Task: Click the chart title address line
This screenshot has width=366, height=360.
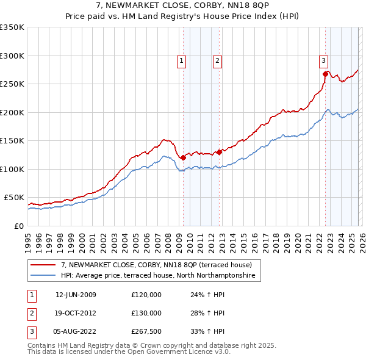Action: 183,5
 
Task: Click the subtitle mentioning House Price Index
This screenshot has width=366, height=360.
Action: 183,16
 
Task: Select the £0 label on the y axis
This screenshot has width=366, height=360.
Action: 19,226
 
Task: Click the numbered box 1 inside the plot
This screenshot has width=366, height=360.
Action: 182,60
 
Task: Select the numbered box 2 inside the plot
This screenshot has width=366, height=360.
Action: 217,60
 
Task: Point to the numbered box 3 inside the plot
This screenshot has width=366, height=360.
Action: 323,60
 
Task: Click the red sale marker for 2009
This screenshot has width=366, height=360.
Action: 183,157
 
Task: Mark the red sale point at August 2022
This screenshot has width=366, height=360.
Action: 325,74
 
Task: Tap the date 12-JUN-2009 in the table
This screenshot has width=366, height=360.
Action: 76,295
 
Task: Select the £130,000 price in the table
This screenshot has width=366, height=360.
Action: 146,313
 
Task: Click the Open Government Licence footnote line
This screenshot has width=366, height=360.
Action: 120,352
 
